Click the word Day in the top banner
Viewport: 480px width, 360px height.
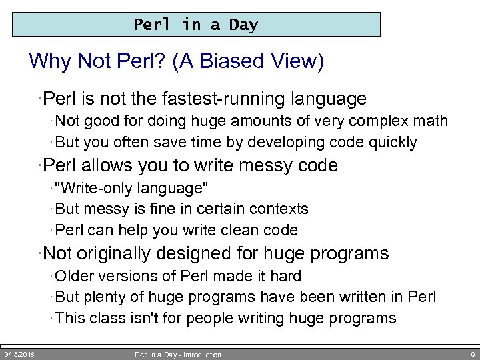243,25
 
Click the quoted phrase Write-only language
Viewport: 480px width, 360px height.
127,188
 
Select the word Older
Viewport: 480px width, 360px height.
75,276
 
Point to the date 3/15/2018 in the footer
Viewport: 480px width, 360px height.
19,354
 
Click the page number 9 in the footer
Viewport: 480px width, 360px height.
472,354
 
